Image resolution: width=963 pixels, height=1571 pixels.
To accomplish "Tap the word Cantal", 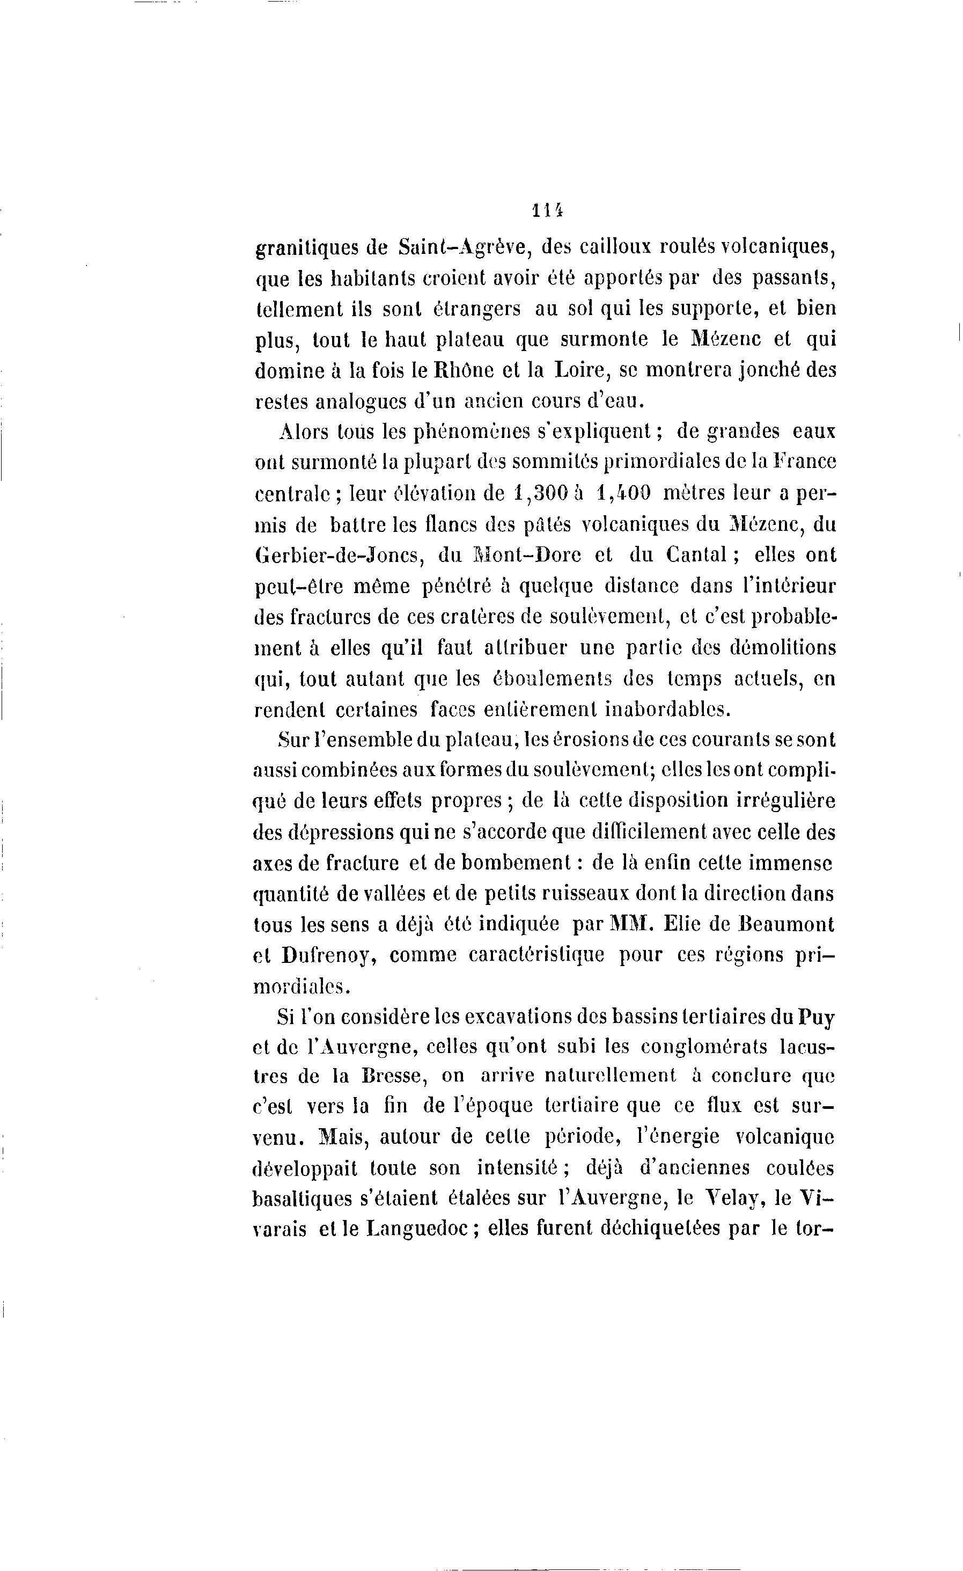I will (x=698, y=556).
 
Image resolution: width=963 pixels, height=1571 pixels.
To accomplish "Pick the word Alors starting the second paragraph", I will (x=303, y=432).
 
